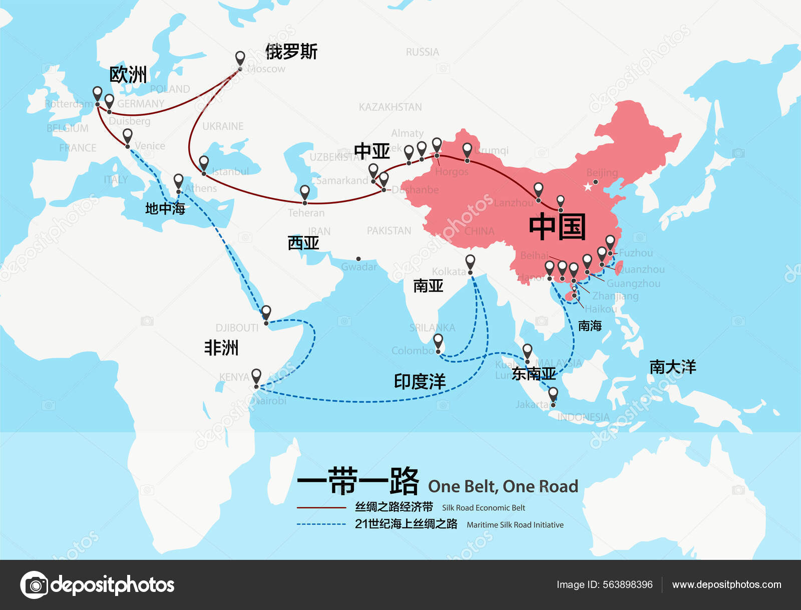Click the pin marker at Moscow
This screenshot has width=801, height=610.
tap(240, 58)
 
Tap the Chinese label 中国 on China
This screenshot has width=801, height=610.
tap(557, 227)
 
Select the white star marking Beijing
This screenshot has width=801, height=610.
tap(587, 187)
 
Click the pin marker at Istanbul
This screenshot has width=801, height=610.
tap(204, 163)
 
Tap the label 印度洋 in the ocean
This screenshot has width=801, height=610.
tap(420, 381)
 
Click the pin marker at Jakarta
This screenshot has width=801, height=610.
tap(553, 395)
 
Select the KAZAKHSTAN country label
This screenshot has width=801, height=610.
tap(390, 107)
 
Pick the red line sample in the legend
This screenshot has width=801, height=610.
tap(321, 508)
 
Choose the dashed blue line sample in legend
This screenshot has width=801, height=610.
tap(321, 524)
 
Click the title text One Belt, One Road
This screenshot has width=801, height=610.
tap(503, 486)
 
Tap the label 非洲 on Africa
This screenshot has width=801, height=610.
tap(221, 347)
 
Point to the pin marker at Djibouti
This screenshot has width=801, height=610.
tap(266, 313)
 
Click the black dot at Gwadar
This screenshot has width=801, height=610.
tap(358, 259)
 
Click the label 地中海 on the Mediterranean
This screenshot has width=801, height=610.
tap(165, 209)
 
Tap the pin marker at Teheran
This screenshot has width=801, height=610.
tap(305, 192)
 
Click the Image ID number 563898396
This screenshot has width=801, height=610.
tap(628, 584)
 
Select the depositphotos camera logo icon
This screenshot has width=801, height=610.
tap(34, 584)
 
